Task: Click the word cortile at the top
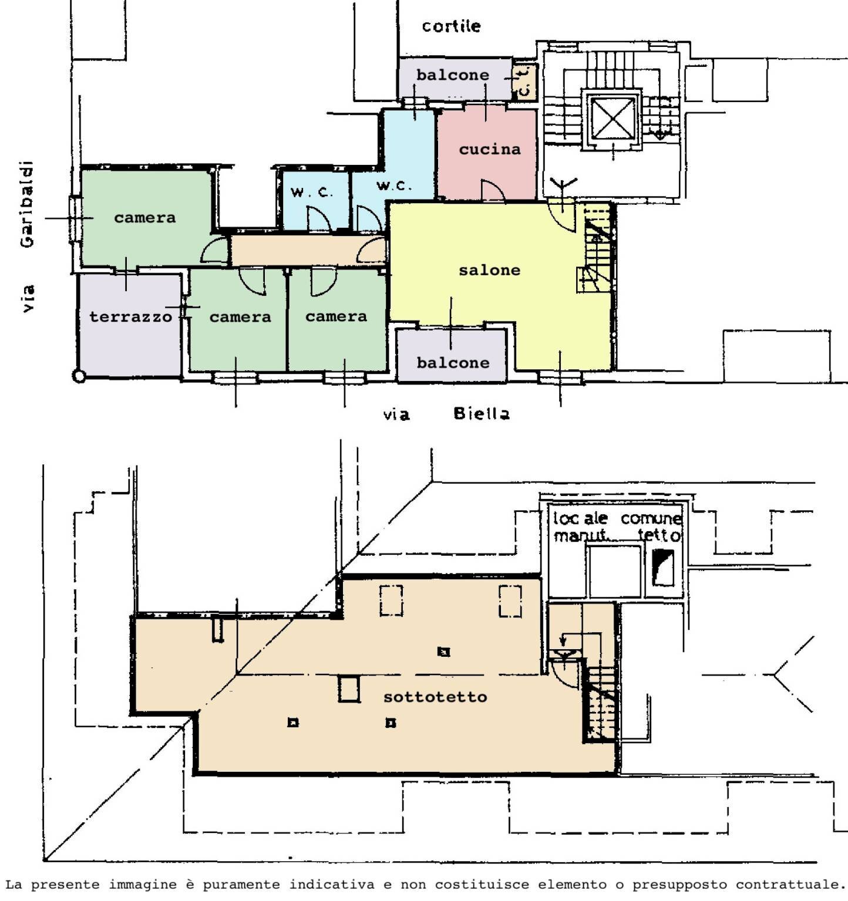pos(451,26)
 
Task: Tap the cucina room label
pos(490,149)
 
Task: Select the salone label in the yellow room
pos(489,270)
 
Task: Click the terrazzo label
pos(131,317)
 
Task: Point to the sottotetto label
pos(435,697)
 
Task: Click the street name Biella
pos(482,413)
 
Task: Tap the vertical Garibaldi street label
pos(27,204)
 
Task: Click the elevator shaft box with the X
pos(613,119)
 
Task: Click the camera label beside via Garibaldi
pos(144,218)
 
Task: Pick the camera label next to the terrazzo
pos(240,317)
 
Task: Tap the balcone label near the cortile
pos(453,75)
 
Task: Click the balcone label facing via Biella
pos(453,362)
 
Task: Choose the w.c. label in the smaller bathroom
pos(312,192)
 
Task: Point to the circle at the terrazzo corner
pos(79,376)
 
